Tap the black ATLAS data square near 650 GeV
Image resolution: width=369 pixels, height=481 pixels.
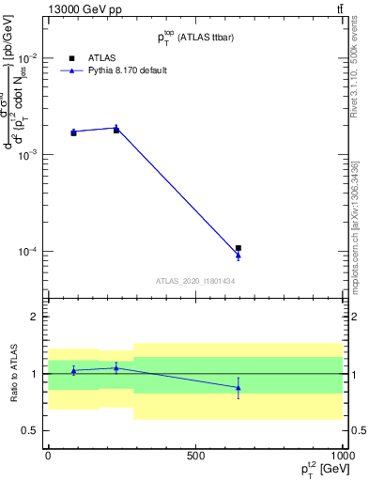click(238, 248)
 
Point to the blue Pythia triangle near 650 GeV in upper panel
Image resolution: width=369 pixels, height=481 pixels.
click(238, 255)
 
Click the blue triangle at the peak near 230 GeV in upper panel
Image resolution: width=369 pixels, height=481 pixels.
click(116, 127)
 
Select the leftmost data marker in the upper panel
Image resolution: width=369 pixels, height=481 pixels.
click(73, 132)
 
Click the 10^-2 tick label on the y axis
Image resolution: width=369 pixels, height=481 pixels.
click(26, 57)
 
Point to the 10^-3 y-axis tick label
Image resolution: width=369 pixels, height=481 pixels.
click(26, 154)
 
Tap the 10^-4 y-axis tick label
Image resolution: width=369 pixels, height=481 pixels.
click(26, 252)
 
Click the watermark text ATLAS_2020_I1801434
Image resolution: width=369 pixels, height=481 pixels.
click(195, 281)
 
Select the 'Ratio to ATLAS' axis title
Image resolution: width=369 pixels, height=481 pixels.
click(14, 373)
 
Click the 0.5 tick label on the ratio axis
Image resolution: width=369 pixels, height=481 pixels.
click(30, 430)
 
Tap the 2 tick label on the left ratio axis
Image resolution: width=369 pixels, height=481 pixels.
click(35, 317)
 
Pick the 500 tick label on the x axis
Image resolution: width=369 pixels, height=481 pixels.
click(195, 455)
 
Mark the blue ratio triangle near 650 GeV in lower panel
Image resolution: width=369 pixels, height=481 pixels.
click(238, 387)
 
